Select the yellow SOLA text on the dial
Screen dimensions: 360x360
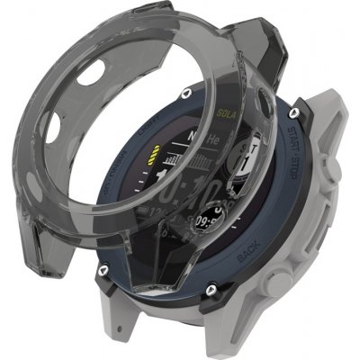pyautogui.click(x=227, y=114)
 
